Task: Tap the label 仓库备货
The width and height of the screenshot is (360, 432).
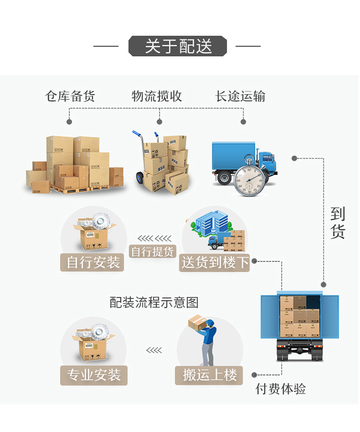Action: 70,96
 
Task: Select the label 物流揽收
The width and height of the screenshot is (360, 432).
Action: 157,96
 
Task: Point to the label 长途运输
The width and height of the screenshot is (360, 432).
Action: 240,96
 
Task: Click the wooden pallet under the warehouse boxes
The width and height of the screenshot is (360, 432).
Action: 72,191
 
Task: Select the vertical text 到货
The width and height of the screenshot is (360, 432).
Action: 337,223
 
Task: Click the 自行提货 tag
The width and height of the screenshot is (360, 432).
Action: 153,252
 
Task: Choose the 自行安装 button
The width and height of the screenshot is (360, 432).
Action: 93,262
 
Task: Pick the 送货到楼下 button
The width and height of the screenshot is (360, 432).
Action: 215,262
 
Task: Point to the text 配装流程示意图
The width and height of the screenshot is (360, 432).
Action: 154,302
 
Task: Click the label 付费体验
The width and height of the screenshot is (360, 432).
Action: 280,389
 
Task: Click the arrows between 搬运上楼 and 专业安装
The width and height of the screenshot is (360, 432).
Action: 154,350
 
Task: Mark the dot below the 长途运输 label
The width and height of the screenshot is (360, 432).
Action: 243,122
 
